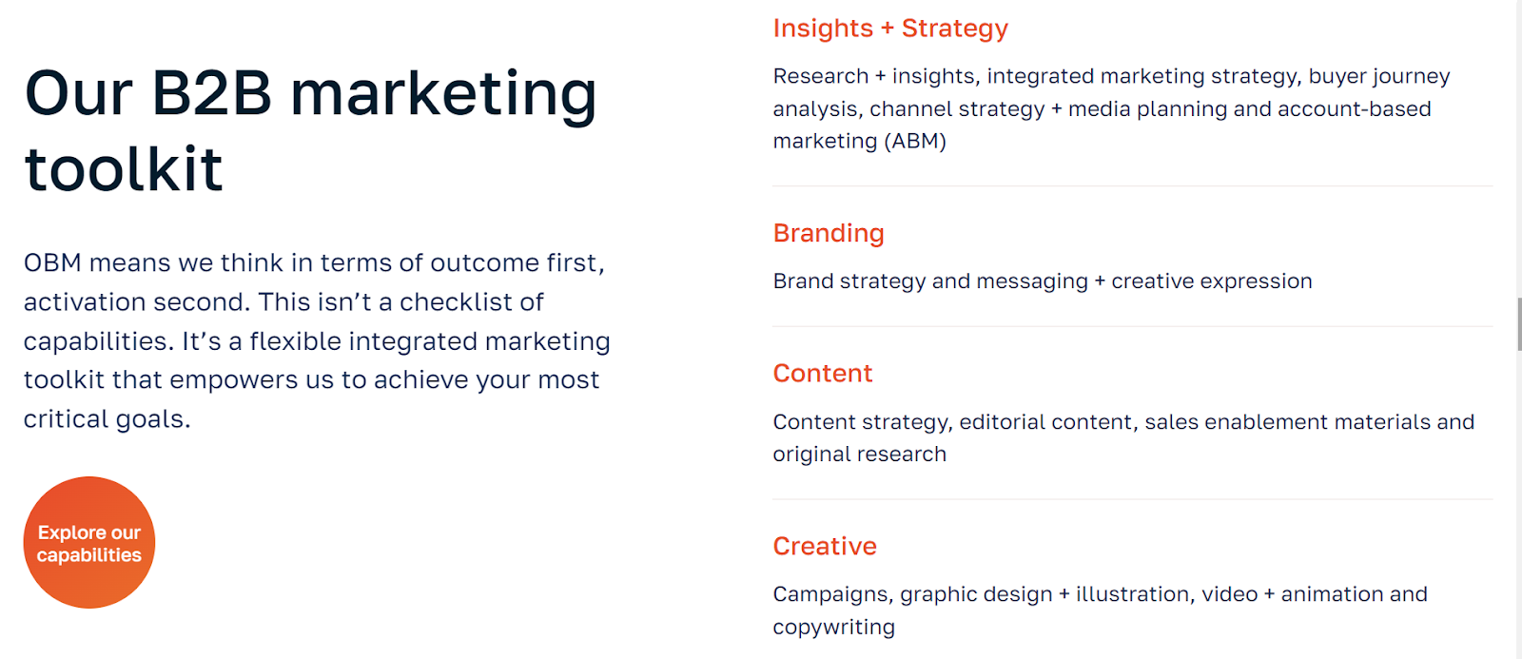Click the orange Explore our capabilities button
point(89,542)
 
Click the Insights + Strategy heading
point(890,29)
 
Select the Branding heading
point(829,234)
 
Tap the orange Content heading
point(822,373)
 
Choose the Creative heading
point(825,546)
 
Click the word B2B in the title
point(211,93)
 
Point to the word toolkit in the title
point(124,167)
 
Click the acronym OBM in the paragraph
point(52,262)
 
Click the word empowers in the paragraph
point(233,380)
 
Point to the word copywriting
point(833,627)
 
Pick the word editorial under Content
point(1003,421)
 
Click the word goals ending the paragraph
point(153,420)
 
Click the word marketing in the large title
point(443,95)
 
